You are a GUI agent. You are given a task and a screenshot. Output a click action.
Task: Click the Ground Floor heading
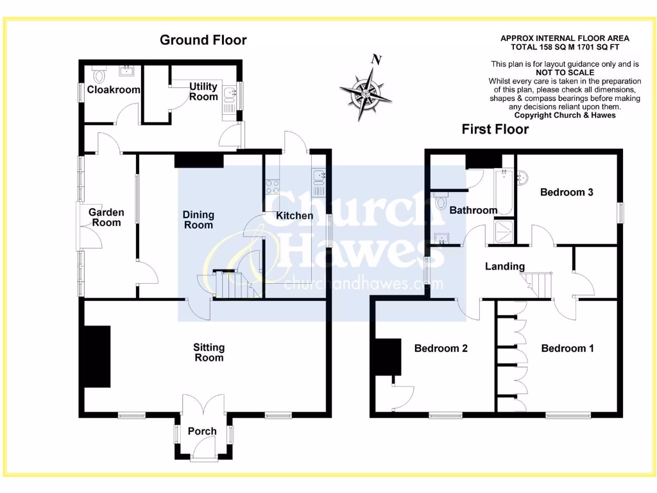[x=203, y=40]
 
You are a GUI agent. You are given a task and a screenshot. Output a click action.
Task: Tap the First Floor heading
[x=495, y=129]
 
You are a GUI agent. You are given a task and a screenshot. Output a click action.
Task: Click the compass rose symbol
[x=365, y=93]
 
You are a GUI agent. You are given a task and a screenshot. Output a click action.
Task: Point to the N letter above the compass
[x=377, y=60]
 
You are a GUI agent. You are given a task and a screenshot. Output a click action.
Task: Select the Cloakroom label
[x=113, y=90]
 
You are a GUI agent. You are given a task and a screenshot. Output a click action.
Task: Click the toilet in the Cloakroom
[x=99, y=75]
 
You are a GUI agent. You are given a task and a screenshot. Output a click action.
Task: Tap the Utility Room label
[x=203, y=91]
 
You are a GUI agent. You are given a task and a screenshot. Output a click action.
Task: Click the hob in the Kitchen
[x=272, y=187]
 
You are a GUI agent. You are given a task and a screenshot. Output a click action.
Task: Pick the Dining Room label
[x=198, y=220]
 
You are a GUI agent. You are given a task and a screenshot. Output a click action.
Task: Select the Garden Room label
[x=106, y=217]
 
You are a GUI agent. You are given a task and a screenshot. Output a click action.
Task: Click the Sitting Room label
[x=209, y=352]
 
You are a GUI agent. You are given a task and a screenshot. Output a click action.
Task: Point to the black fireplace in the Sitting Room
[x=98, y=356]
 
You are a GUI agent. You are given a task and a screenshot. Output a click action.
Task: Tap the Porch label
[x=202, y=431]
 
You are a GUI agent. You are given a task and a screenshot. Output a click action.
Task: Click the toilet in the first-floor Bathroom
[x=440, y=202]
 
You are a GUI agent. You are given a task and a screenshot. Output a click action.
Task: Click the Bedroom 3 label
[x=567, y=192]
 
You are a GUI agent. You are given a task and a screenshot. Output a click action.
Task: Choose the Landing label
[x=504, y=266]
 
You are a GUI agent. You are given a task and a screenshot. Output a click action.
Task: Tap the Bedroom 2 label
[x=441, y=348]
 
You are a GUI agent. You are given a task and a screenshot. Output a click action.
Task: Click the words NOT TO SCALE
[x=565, y=73]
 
